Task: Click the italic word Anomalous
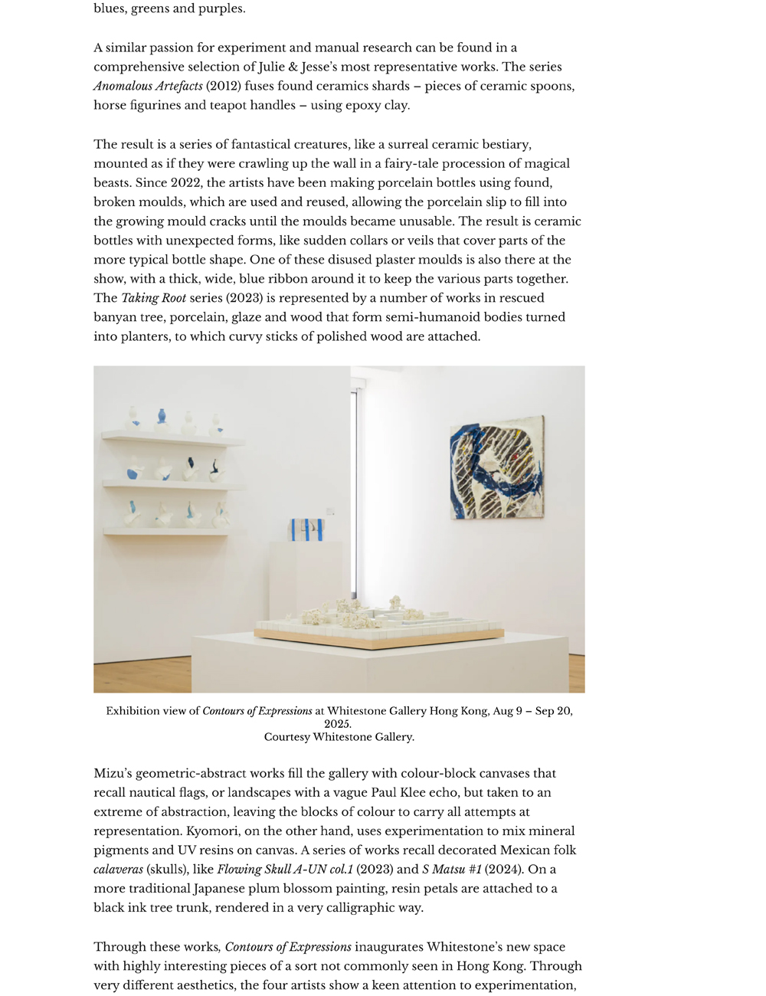(x=125, y=86)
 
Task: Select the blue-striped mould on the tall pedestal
(x=306, y=529)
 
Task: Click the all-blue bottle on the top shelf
(x=161, y=417)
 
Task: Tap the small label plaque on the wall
(x=330, y=511)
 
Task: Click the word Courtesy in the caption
(x=287, y=737)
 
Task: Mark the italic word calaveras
(x=119, y=869)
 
